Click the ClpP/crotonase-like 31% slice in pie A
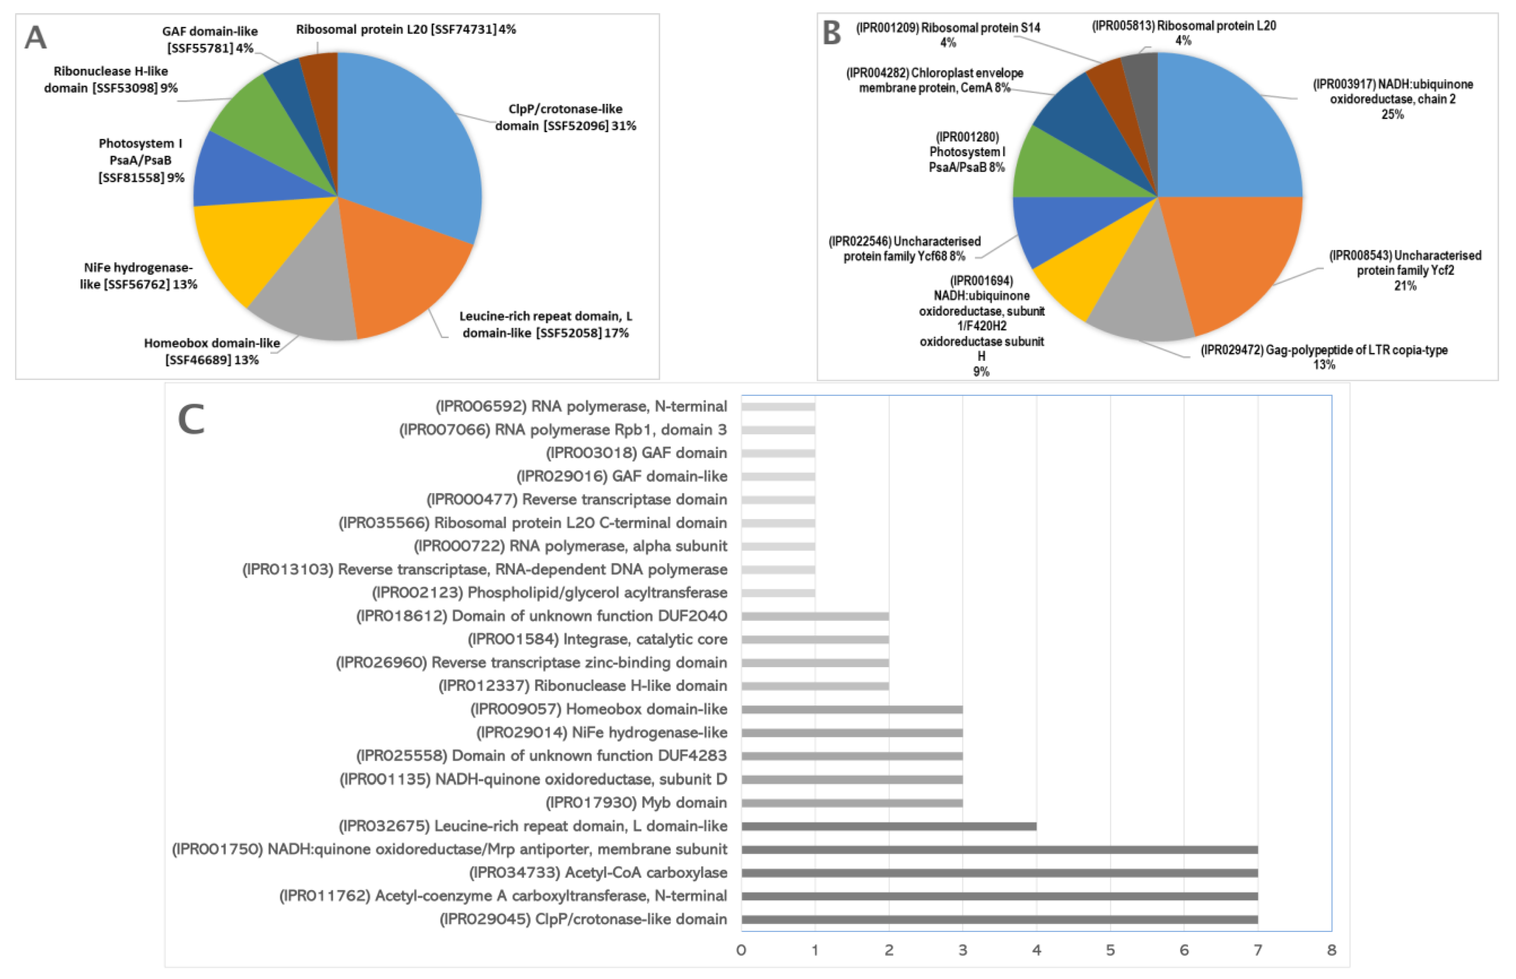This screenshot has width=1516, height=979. point(413,146)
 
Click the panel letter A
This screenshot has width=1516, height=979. point(36,38)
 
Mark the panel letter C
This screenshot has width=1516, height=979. point(191,420)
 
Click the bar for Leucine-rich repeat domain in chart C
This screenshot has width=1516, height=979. point(888,826)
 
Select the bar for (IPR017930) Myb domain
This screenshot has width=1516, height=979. point(852,803)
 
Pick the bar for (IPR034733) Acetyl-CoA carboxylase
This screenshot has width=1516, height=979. point(999,873)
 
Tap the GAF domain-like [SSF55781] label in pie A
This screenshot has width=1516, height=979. point(210,40)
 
